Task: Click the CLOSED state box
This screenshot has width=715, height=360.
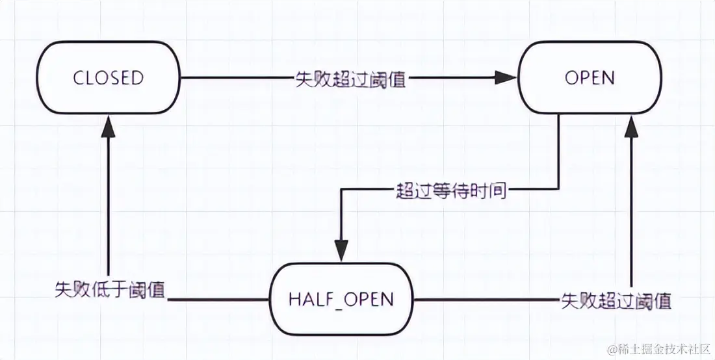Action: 109,78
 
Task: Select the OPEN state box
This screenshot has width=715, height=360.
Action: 590,78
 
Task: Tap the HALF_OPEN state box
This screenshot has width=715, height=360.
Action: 341,299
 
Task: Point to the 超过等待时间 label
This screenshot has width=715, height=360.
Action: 450,190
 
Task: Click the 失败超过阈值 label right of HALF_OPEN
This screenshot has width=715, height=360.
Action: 616,301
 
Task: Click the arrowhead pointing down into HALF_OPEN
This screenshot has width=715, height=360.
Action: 341,250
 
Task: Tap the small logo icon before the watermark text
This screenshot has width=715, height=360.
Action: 612,350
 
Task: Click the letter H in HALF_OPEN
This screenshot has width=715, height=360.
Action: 294,299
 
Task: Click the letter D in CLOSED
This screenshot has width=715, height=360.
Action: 137,78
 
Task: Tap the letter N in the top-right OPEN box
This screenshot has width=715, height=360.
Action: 608,78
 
